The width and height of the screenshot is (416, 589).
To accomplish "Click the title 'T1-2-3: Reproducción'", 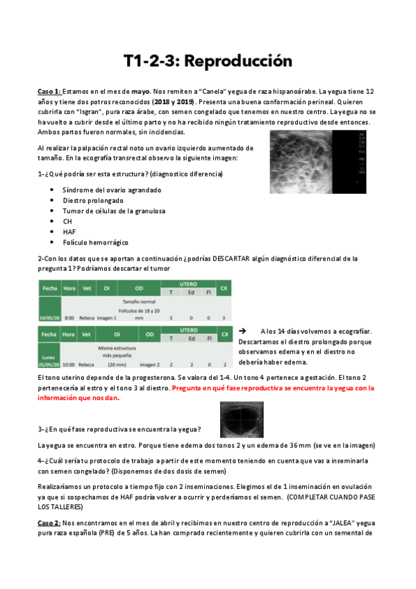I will click(x=208, y=61).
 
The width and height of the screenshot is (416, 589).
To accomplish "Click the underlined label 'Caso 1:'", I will click(x=49, y=92).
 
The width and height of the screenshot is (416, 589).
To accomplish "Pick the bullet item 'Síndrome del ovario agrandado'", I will click(x=111, y=190).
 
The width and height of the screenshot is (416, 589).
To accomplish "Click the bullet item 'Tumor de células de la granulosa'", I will click(x=115, y=210).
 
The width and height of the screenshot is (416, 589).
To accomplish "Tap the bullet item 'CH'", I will click(x=67, y=222).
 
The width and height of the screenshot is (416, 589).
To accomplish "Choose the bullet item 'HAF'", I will click(x=69, y=232).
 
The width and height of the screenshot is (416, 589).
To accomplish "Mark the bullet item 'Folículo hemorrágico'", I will click(x=95, y=242).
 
